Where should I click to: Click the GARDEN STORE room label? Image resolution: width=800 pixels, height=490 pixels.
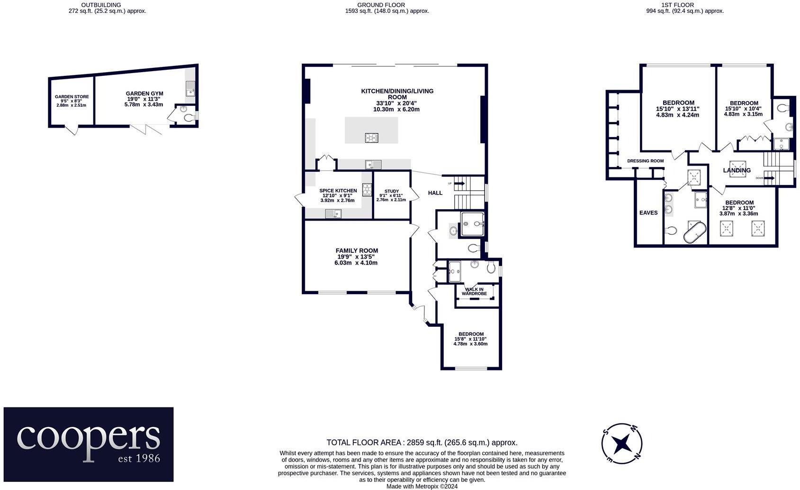(72, 97)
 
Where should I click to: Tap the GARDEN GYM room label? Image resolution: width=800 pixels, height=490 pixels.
(144, 94)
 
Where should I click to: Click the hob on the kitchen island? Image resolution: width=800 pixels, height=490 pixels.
(372, 138)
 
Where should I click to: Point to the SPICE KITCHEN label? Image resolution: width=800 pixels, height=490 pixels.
(338, 191)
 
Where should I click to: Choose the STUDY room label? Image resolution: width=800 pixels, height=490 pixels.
(392, 192)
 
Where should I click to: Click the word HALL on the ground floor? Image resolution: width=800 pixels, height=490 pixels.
(435, 193)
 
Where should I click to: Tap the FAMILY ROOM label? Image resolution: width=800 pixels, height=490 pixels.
(357, 251)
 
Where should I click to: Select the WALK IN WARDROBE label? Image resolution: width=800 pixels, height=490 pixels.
(474, 291)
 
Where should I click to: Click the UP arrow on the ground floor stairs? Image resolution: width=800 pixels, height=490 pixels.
(459, 183)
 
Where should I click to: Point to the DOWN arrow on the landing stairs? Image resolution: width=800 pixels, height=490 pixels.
(769, 178)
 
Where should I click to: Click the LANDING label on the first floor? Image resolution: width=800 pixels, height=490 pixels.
(737, 170)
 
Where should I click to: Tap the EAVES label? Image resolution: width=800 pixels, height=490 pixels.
(648, 213)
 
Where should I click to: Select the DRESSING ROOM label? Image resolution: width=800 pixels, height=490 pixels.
(645, 161)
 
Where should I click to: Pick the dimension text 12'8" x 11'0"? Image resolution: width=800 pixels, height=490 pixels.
(738, 208)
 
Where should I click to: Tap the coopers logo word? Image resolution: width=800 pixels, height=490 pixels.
(88, 436)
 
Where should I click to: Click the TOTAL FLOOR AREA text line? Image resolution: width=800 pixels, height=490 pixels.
(422, 443)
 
